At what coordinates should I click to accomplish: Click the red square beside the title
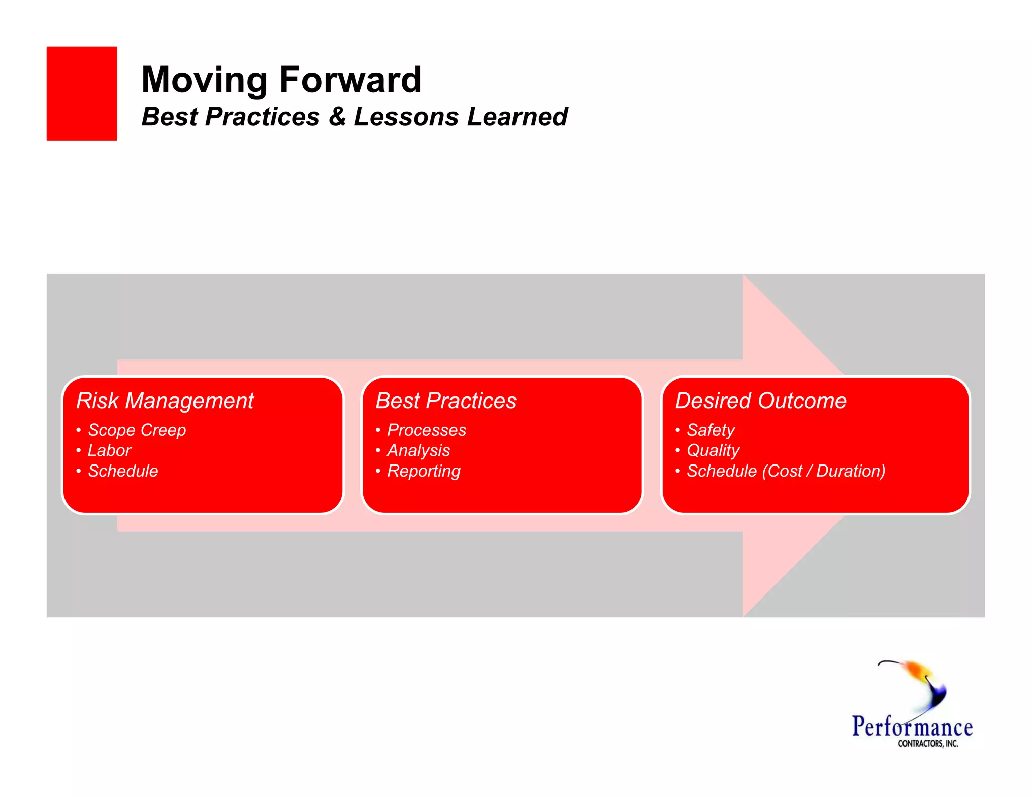point(82,93)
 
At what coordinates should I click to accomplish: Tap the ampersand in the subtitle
point(337,117)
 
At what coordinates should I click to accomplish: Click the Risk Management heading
point(165,401)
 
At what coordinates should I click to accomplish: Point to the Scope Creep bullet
point(137,430)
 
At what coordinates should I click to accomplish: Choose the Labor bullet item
point(109,450)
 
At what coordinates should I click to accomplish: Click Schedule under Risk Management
point(122,471)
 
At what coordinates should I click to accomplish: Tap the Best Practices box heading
point(446,401)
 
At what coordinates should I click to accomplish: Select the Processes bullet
point(426,430)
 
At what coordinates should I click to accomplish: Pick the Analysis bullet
point(418,450)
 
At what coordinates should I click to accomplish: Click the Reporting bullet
point(423,471)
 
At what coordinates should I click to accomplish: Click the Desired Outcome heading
point(760,401)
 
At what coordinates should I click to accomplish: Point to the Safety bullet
point(711,430)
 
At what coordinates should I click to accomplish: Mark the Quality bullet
point(713,450)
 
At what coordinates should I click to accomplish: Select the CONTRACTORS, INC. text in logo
point(928,744)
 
